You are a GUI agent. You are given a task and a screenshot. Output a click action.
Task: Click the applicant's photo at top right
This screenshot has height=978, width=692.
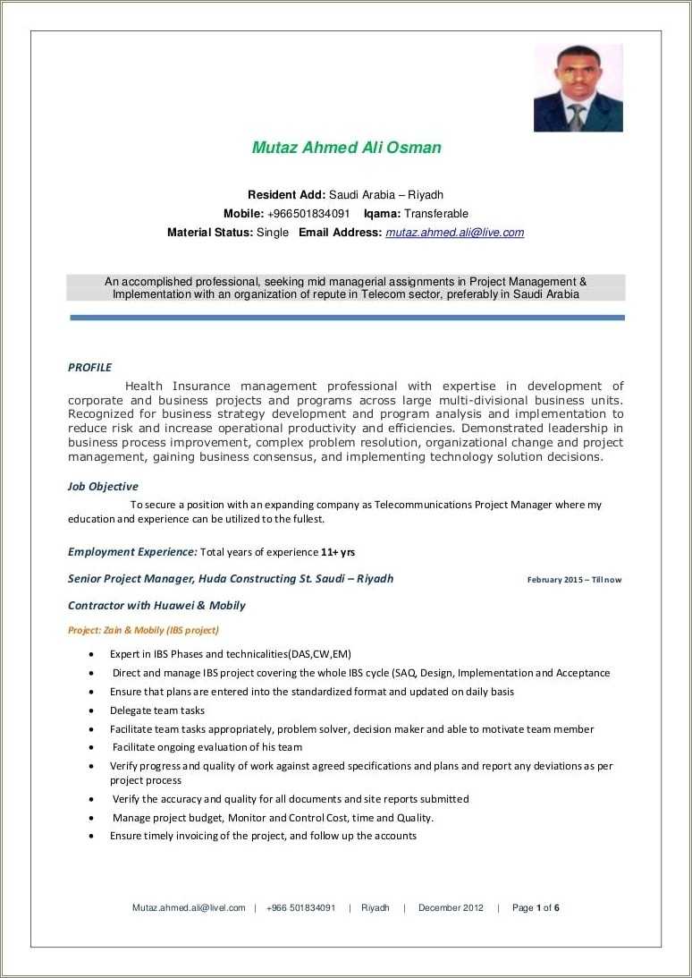click(578, 88)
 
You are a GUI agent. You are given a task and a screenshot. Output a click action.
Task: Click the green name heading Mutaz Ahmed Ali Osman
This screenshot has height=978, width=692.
click(346, 148)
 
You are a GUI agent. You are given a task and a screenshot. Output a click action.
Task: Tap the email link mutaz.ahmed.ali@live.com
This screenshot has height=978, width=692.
click(454, 233)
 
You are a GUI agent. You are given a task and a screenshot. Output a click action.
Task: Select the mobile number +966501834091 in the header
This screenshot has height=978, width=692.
click(308, 214)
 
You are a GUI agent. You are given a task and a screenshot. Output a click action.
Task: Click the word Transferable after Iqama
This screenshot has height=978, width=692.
click(436, 214)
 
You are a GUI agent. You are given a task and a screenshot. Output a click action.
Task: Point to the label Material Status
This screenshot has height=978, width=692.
click(209, 233)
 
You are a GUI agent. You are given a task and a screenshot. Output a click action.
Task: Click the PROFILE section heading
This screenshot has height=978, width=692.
click(89, 367)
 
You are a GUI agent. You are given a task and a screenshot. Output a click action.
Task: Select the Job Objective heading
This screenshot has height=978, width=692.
click(103, 487)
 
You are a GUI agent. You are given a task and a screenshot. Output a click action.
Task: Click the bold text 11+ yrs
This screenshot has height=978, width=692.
click(338, 552)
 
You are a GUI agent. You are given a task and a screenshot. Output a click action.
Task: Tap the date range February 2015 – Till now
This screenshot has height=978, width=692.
click(574, 580)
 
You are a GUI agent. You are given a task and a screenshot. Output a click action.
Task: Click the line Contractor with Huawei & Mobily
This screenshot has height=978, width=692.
click(156, 606)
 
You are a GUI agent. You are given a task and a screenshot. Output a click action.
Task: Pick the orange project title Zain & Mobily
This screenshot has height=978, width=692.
click(143, 630)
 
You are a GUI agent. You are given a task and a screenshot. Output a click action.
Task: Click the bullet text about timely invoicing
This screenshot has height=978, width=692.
click(263, 836)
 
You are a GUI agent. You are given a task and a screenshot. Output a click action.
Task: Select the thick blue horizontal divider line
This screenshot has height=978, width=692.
click(346, 318)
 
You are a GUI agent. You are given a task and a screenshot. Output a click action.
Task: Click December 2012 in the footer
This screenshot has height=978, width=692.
click(451, 907)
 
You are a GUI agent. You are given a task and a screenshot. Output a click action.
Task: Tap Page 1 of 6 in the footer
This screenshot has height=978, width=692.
click(536, 907)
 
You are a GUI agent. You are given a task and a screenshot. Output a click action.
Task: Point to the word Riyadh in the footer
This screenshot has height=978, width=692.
click(376, 907)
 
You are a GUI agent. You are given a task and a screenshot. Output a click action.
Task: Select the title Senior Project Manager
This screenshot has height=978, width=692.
click(130, 579)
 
